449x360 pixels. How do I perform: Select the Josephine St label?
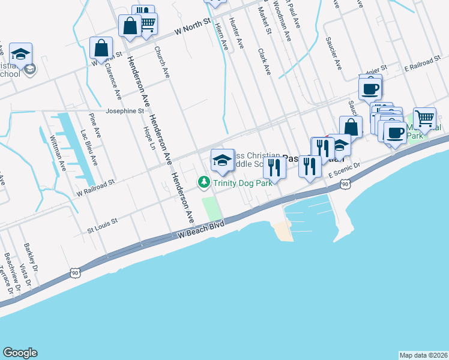pyautogui.click(x=125, y=111)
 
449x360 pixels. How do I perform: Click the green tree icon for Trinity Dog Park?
pyautogui.click(x=204, y=181)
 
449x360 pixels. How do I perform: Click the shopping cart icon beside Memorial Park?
pyautogui.click(x=424, y=118)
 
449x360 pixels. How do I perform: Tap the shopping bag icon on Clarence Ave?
pyautogui.click(x=101, y=47)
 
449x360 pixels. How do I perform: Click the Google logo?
pyautogui.click(x=20, y=353)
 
